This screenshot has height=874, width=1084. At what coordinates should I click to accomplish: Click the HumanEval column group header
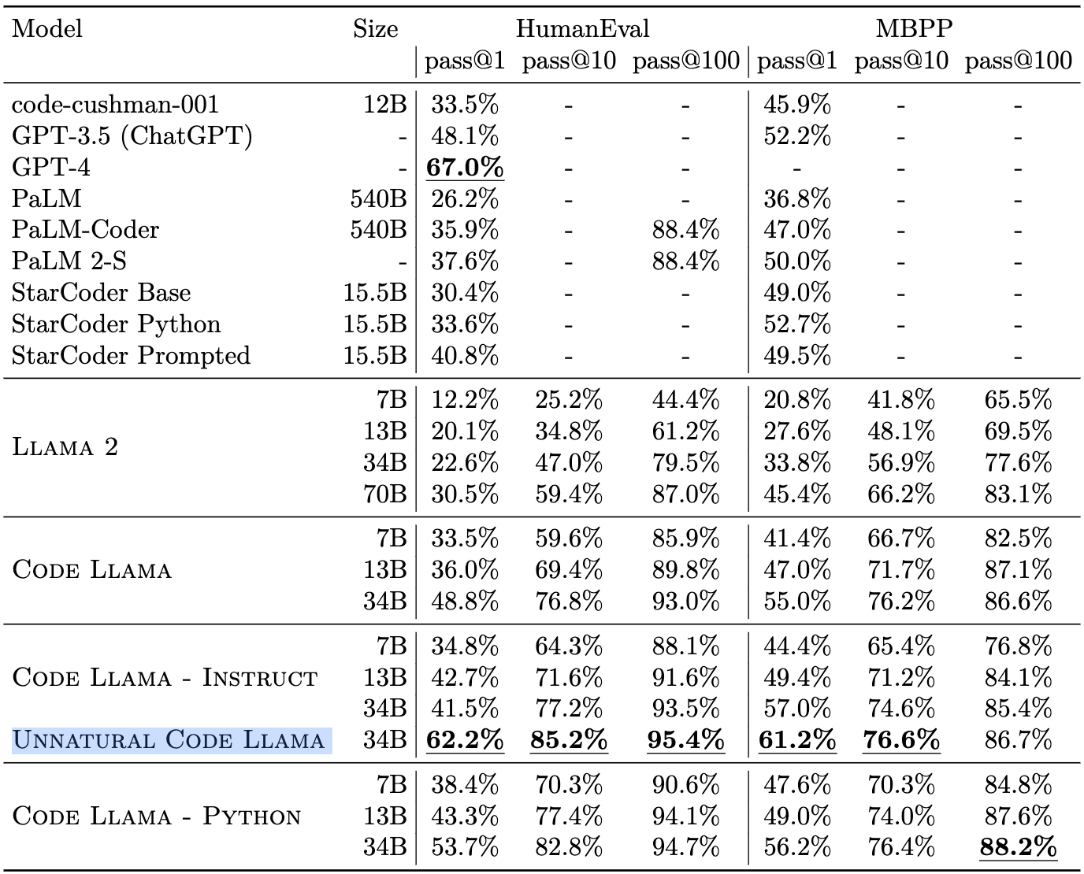click(x=582, y=28)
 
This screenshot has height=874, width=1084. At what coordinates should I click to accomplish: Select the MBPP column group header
click(x=914, y=28)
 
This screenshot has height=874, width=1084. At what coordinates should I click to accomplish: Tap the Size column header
click(x=375, y=28)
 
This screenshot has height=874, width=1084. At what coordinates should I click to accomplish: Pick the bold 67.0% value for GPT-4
click(x=465, y=167)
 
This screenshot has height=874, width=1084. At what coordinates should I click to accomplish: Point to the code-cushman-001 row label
click(x=115, y=105)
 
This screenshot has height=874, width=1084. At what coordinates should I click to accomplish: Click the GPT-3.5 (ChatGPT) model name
click(x=132, y=136)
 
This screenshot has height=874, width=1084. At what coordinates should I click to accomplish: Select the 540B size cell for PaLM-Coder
click(x=379, y=230)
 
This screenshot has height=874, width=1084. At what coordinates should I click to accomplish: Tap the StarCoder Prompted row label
click(x=131, y=355)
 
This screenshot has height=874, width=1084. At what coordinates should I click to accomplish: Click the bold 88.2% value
click(x=1018, y=846)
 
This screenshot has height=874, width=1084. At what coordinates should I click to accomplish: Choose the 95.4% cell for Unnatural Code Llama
click(x=685, y=740)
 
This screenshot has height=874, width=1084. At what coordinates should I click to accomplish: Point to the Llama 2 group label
click(x=65, y=447)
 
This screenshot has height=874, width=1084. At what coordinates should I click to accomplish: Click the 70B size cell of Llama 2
click(x=385, y=494)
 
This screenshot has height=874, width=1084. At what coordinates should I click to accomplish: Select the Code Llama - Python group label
click(x=157, y=816)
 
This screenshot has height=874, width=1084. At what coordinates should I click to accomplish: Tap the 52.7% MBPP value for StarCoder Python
click(x=797, y=324)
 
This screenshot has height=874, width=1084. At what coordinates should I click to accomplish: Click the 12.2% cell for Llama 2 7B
click(x=465, y=400)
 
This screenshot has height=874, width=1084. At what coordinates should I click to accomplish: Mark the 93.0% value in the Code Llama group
click(x=685, y=601)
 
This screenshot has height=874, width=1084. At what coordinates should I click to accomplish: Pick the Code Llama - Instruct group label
click(x=165, y=677)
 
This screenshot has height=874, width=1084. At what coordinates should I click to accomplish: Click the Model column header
click(x=46, y=28)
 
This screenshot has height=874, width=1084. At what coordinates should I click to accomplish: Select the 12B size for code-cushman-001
click(x=385, y=105)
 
